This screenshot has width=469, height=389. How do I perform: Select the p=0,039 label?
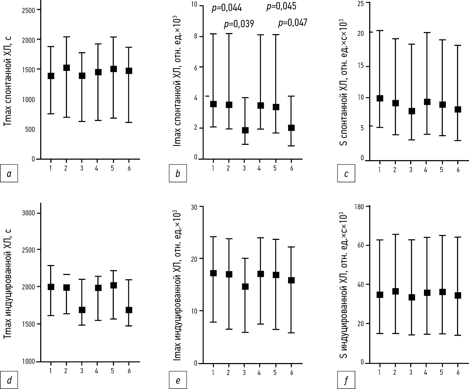(x=239, y=24)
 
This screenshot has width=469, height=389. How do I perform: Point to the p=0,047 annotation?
(x=292, y=23)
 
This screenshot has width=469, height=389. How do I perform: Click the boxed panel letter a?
(x=9, y=173)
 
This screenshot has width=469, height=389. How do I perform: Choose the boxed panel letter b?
(x=178, y=173)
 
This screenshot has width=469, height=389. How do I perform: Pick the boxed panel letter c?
(x=346, y=173)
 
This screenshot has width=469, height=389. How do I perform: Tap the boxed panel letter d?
(x=9, y=380)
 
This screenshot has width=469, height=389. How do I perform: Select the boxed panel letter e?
(x=178, y=380)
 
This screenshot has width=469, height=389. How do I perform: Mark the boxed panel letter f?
(x=346, y=380)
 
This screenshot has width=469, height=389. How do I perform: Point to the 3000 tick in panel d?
(x=28, y=213)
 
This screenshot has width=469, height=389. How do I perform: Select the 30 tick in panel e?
(x=194, y=206)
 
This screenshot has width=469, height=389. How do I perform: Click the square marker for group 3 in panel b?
(x=245, y=130)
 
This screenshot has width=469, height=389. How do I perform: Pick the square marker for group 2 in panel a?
(x=66, y=68)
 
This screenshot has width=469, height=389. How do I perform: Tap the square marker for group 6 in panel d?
(x=129, y=310)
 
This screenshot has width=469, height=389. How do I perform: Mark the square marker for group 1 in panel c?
(x=380, y=98)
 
